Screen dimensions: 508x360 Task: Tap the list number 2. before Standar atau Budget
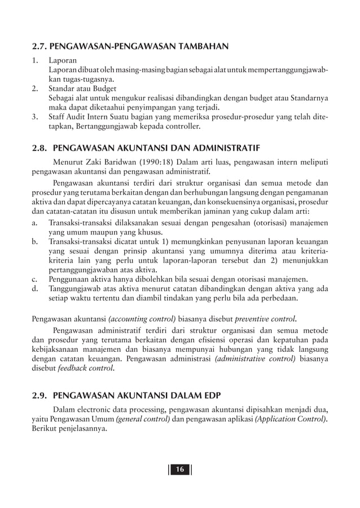[x=35, y=89]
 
